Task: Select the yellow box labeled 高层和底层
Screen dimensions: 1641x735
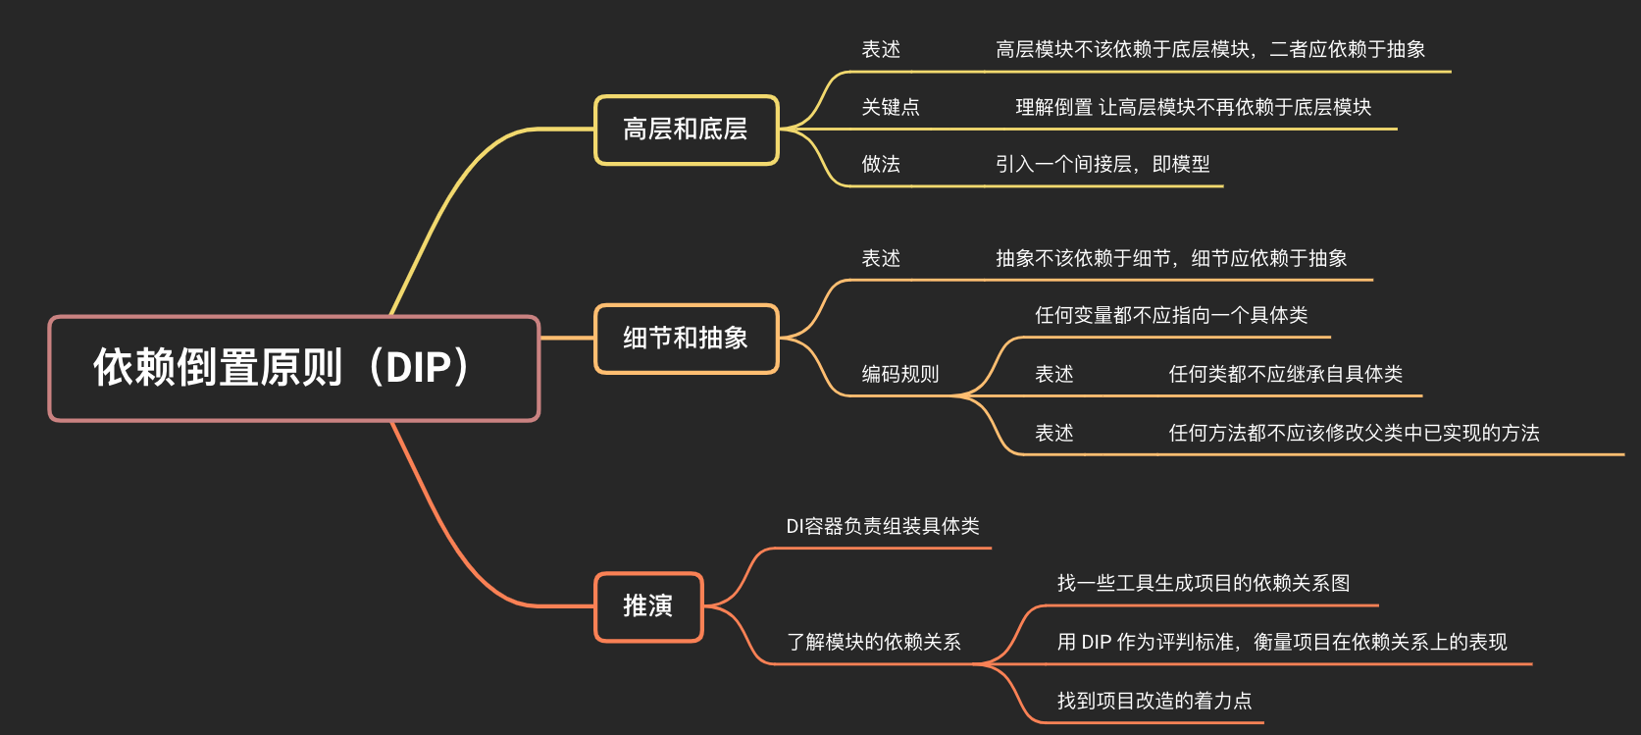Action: coord(686,130)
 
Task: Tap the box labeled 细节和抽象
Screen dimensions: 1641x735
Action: coord(686,339)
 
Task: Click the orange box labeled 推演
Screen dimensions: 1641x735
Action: coord(648,606)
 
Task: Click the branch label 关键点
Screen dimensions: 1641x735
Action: coord(891,107)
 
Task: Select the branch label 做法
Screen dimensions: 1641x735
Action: coord(881,164)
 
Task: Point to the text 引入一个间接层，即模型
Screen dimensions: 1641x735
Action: coord(1103,164)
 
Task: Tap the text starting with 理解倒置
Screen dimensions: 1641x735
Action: coord(1193,107)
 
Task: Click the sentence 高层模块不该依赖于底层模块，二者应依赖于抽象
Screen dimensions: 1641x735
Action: coord(1210,49)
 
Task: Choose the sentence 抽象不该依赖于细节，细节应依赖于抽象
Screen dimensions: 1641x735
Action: coord(1171,258)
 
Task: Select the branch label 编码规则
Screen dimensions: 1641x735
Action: coord(900,374)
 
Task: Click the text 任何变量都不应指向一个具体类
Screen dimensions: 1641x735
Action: coord(1171,315)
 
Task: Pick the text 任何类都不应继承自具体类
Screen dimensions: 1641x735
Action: coord(1285,374)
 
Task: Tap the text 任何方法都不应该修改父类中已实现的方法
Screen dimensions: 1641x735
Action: coord(1354,433)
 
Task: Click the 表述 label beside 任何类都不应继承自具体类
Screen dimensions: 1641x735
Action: coord(1054,374)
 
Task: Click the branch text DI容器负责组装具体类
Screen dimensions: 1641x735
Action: coord(883,526)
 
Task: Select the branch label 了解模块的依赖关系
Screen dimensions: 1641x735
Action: coord(874,642)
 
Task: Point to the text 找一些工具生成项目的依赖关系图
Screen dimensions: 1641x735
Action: coord(1204,583)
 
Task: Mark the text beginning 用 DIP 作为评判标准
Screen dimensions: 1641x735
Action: coord(1282,642)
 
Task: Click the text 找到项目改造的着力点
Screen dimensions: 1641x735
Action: coord(1154,701)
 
